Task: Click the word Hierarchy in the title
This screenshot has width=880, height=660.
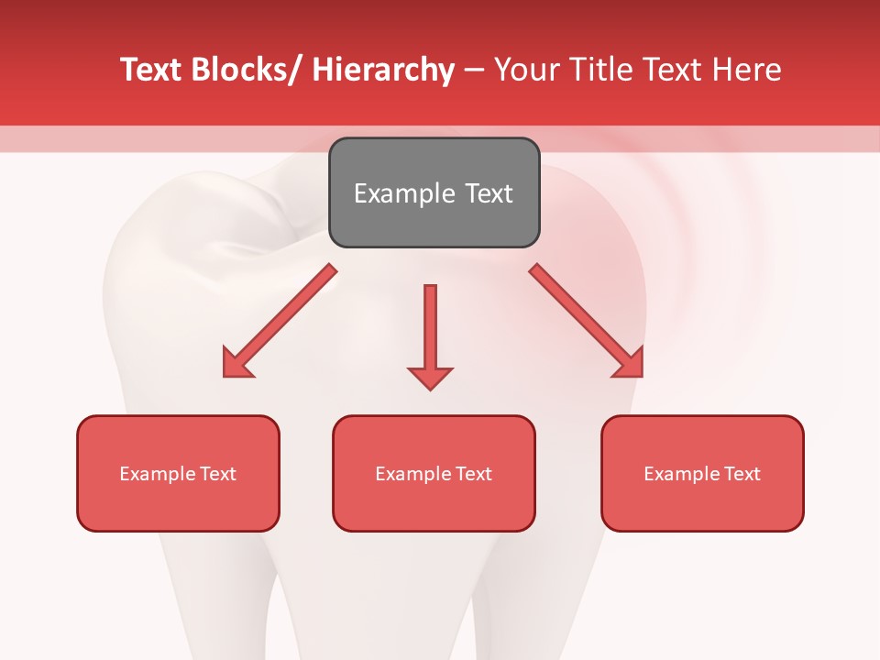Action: click(x=383, y=70)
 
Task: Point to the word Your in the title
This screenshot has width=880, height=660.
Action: click(x=525, y=70)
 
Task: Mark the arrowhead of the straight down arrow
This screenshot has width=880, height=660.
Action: click(x=430, y=378)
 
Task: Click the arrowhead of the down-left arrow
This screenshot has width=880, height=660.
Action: click(x=236, y=364)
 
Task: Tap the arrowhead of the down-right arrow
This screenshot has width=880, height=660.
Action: click(x=629, y=364)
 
